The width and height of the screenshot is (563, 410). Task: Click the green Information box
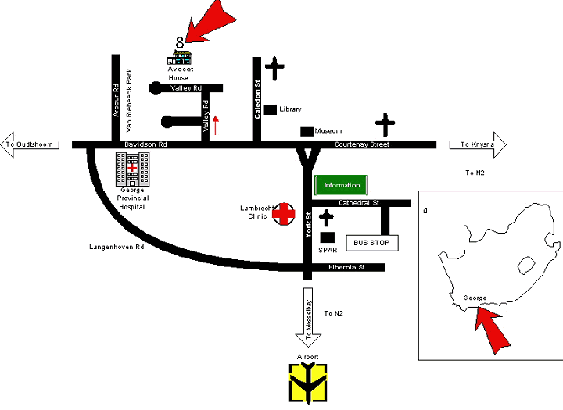click(340, 186)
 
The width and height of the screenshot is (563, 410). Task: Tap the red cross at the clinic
click(283, 213)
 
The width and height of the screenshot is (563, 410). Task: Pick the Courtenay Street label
click(361, 144)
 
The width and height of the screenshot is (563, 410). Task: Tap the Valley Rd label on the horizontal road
click(185, 89)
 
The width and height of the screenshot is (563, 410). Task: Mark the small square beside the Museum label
click(307, 131)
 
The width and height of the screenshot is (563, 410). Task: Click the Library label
click(290, 109)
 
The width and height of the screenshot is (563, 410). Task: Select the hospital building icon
click(132, 167)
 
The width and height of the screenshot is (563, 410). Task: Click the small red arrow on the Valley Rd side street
click(217, 123)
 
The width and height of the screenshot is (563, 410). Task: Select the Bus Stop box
click(371, 243)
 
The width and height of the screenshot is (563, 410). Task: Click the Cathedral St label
click(358, 202)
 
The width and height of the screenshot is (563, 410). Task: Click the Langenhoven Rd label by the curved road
click(117, 247)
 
